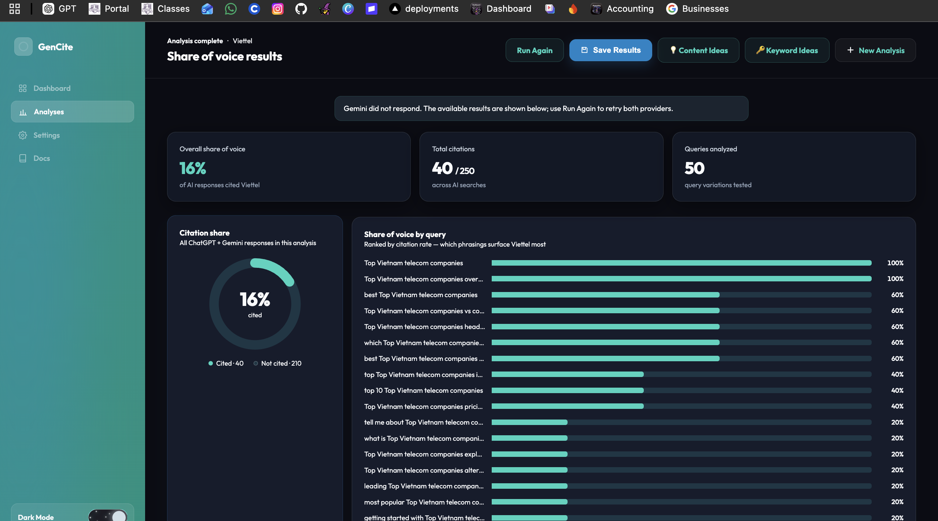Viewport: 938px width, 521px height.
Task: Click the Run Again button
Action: [535, 51]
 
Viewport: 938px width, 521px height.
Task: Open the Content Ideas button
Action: [698, 51]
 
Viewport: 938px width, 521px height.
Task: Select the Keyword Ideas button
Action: [787, 51]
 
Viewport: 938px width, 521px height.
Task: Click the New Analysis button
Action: [875, 51]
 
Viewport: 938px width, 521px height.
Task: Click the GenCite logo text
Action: [55, 47]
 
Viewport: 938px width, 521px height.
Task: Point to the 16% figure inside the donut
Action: [255, 299]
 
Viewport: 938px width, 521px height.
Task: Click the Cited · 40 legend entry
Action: [226, 363]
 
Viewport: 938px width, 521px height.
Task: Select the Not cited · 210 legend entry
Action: [277, 363]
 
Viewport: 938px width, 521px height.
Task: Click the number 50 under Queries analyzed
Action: [694, 168]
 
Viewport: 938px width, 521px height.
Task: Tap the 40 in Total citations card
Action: [442, 168]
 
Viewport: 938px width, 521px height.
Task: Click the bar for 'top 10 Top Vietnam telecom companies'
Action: [682, 391]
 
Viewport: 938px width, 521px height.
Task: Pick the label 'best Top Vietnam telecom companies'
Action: [421, 295]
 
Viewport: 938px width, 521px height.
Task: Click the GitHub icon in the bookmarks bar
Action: [301, 9]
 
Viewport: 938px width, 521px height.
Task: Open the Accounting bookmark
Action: [622, 9]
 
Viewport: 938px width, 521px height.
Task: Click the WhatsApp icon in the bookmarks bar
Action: [230, 9]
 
